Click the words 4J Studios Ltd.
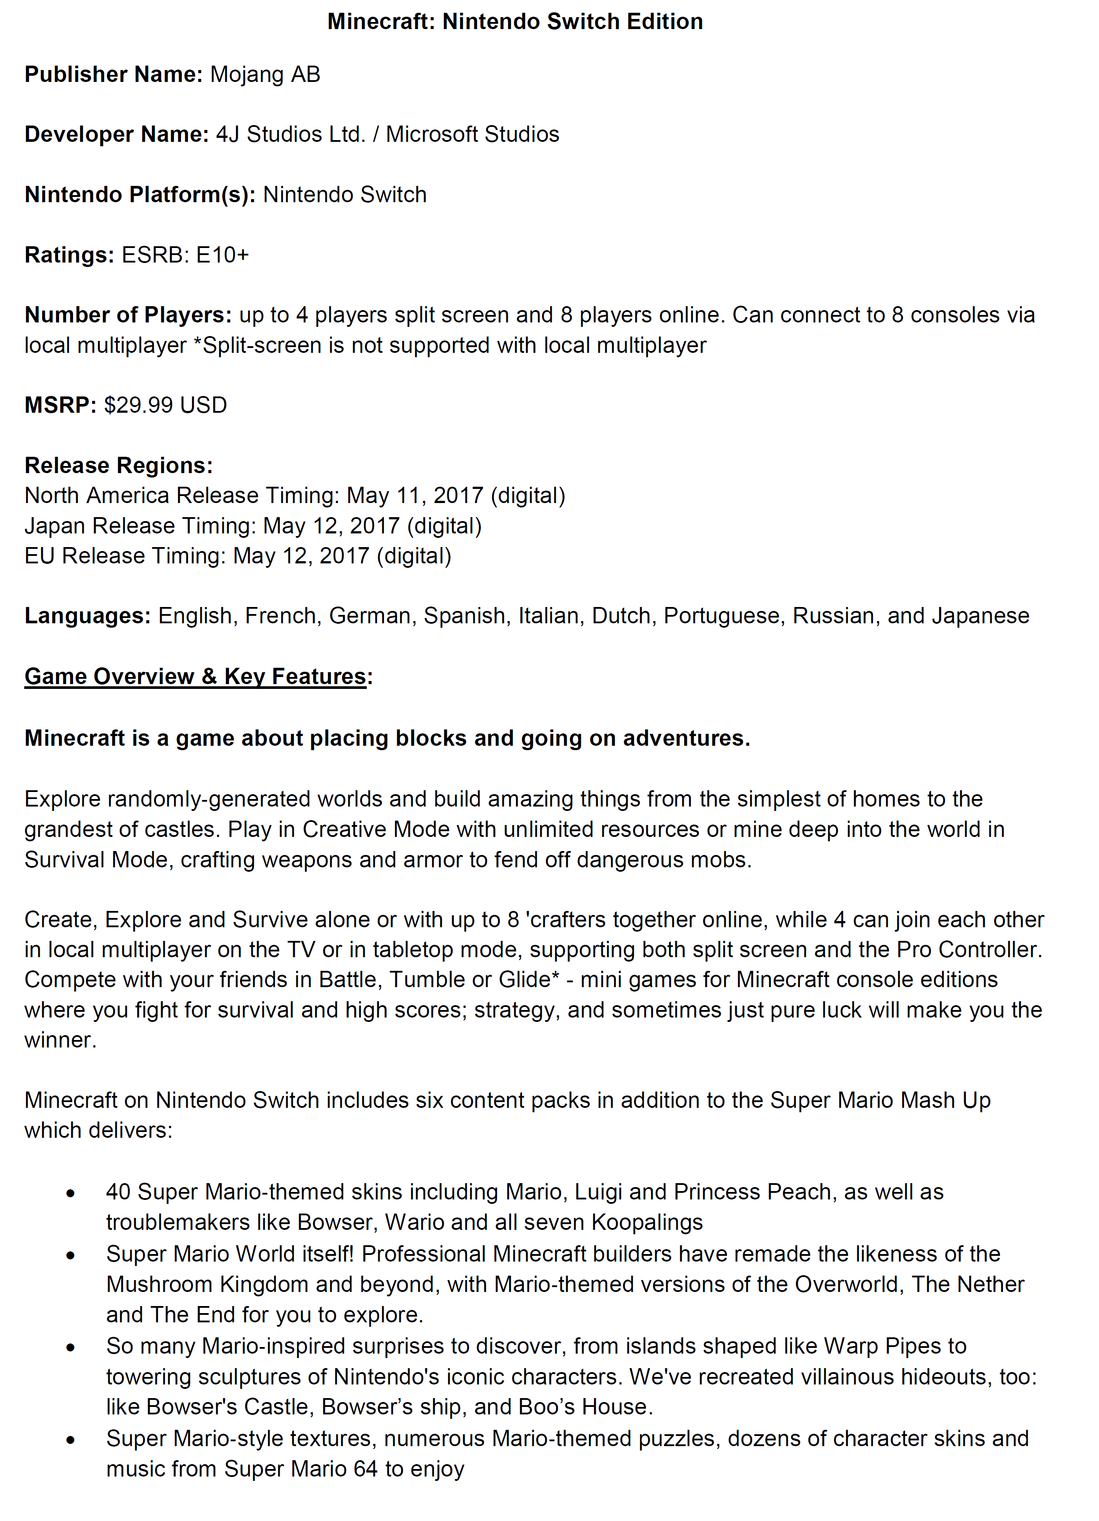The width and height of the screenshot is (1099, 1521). (290, 134)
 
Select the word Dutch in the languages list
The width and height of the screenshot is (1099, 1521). (621, 616)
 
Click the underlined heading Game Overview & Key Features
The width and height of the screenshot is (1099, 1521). (195, 676)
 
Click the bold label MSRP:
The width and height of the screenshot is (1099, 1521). (60, 405)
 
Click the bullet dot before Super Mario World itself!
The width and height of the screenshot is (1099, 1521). (70, 1255)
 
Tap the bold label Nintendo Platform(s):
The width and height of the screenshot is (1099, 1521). (140, 195)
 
